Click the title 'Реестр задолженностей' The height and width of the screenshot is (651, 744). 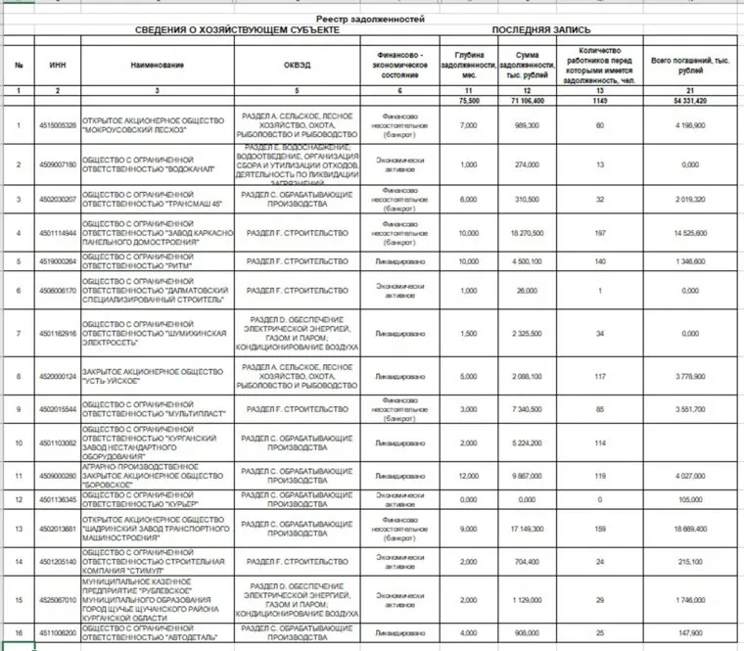coord(372,20)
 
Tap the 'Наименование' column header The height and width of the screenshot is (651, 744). coord(157,66)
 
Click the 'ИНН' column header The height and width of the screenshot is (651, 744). coord(58,66)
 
